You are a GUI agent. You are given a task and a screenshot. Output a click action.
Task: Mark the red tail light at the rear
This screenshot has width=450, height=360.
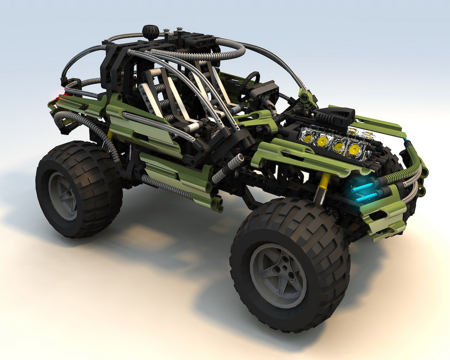tap(62, 95)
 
